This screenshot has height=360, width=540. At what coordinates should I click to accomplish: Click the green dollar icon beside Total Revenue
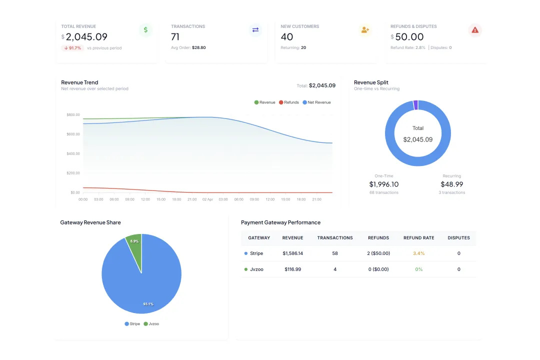coord(145,30)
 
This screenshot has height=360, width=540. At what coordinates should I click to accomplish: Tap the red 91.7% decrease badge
coord(72,48)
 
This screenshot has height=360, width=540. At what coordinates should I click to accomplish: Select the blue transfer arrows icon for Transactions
coord(255,30)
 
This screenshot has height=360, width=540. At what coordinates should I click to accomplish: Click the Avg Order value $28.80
coord(198,48)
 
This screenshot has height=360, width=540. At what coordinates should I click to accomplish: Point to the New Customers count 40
coord(287,37)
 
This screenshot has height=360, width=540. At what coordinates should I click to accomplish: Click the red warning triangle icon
coord(474,30)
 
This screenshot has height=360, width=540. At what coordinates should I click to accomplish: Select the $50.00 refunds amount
coord(409,37)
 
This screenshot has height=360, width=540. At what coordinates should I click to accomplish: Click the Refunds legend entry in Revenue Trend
coord(288,102)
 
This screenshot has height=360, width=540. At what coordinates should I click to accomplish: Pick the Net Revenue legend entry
coord(317,102)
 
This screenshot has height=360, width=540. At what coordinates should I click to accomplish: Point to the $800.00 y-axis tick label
coord(73,115)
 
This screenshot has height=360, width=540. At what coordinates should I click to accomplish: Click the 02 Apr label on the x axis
coord(207,199)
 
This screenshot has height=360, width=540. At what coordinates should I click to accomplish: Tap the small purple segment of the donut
coord(415,105)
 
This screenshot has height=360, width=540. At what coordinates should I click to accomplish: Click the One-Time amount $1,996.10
coord(384,184)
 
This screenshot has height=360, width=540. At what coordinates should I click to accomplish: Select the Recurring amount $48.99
coord(451,184)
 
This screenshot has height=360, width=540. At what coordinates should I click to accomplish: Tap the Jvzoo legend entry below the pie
coord(151,324)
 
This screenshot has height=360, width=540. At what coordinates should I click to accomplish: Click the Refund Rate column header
coord(418,238)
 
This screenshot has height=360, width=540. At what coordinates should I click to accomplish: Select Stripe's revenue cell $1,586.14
coord(292,253)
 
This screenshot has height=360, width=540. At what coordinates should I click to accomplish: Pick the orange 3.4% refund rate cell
coord(418,253)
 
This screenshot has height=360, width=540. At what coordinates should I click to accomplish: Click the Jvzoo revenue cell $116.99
coord(292,269)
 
